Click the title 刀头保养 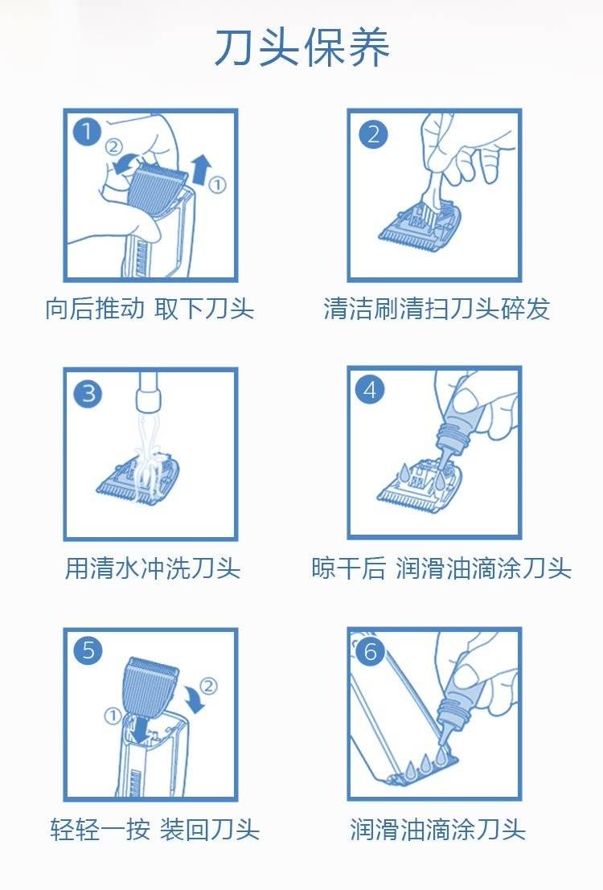[301, 47]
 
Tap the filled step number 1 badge [88, 132]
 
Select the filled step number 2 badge [373, 134]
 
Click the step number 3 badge [88, 393]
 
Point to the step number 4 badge [370, 390]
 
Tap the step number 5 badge [88, 650]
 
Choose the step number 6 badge [370, 651]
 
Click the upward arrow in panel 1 [201, 169]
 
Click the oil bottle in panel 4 [459, 423]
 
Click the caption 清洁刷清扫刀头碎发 [437, 309]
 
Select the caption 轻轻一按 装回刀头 [154, 829]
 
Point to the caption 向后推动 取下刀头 [150, 308]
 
